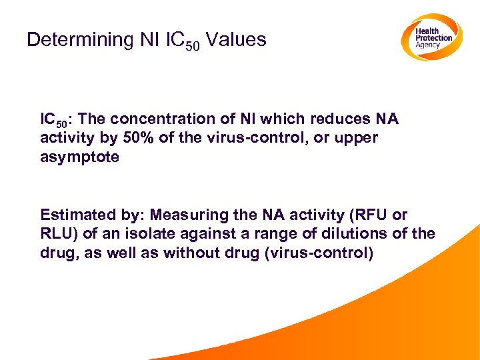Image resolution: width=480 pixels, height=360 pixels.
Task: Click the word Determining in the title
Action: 80,40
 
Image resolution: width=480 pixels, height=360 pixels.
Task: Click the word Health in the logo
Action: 427,31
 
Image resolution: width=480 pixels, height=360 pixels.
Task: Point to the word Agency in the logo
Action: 428,45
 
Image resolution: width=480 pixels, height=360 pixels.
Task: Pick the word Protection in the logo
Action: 434,38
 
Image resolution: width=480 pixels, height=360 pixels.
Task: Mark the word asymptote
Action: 79,157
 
